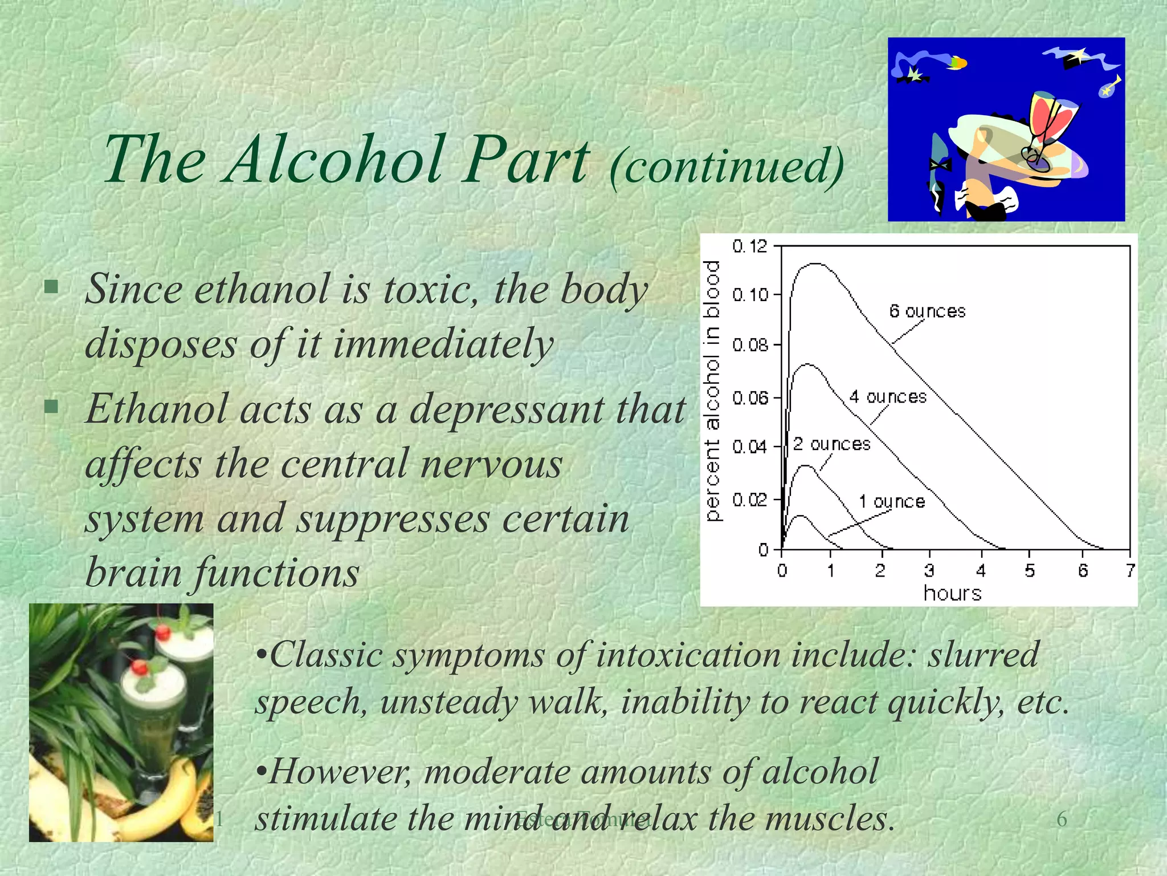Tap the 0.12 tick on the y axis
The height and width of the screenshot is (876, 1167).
pyautogui.click(x=750, y=246)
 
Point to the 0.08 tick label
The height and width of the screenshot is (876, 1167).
pyautogui.click(x=750, y=345)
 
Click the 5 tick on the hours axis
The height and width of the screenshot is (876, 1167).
pyautogui.click(x=1029, y=570)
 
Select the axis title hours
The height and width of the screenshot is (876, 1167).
pyautogui.click(x=952, y=594)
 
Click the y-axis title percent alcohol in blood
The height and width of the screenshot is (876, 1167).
pyautogui.click(x=713, y=391)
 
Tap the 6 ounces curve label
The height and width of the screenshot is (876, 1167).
pyautogui.click(x=927, y=311)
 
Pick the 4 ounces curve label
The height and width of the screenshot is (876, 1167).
pyautogui.click(x=888, y=397)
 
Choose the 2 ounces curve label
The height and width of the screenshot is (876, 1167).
pyautogui.click(x=832, y=444)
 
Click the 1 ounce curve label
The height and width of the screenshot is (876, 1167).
pyautogui.click(x=892, y=502)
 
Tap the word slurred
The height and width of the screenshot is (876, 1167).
pyautogui.click(x=983, y=655)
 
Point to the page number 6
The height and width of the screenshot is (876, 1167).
pyautogui.click(x=1062, y=820)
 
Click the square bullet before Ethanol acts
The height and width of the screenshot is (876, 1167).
pyautogui.click(x=52, y=407)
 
